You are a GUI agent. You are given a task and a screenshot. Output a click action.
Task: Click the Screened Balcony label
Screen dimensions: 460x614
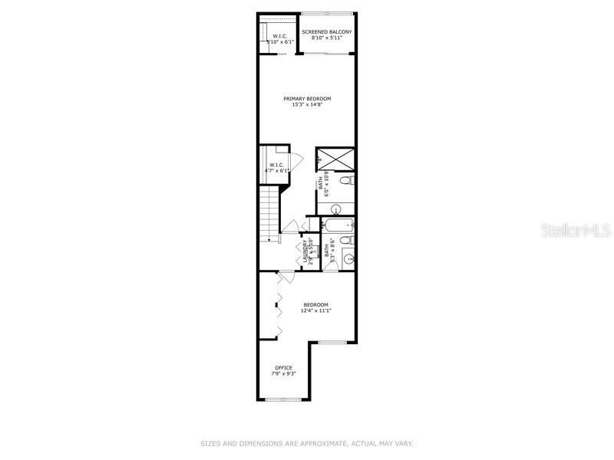tap(327, 31)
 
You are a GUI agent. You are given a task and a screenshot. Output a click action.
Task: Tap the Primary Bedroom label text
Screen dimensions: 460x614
tap(306, 99)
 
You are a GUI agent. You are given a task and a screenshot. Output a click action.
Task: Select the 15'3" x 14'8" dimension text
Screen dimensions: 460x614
tap(306, 105)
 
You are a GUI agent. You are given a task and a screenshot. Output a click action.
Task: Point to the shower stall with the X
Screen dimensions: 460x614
tap(336, 159)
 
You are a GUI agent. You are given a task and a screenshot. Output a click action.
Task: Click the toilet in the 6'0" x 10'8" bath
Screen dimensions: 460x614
tap(347, 181)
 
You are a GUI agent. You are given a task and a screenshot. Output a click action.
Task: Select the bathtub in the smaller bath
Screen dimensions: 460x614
tap(338, 225)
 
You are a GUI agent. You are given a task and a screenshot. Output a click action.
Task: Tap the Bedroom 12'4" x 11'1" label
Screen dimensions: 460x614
tap(315, 306)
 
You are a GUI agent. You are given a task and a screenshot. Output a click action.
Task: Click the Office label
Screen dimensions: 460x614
tap(284, 368)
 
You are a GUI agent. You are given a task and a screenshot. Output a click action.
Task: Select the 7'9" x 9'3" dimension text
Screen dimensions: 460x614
tap(284, 374)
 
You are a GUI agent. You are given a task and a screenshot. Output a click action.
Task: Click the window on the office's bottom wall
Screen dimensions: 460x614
tap(282, 399)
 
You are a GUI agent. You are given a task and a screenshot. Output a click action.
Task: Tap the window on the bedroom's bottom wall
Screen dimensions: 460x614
tap(332, 342)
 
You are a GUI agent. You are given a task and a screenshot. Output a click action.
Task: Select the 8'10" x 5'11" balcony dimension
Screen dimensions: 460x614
tap(327, 38)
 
